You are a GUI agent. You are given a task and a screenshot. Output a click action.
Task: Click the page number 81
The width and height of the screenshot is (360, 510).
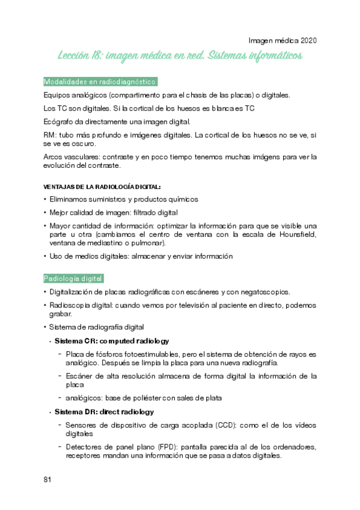coord(47,479)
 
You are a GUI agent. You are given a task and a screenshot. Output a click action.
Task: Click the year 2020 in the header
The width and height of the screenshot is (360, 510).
coord(306,41)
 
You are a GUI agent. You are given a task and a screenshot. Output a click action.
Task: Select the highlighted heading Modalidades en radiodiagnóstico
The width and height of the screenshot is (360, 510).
coord(100,81)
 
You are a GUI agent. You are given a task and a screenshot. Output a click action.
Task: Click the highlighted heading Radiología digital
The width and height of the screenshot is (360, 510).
coord(73,278)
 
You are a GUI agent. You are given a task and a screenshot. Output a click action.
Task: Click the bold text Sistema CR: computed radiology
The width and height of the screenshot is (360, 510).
coord(112,341)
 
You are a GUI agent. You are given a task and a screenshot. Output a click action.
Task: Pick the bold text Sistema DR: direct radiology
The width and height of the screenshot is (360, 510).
coord(104,412)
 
